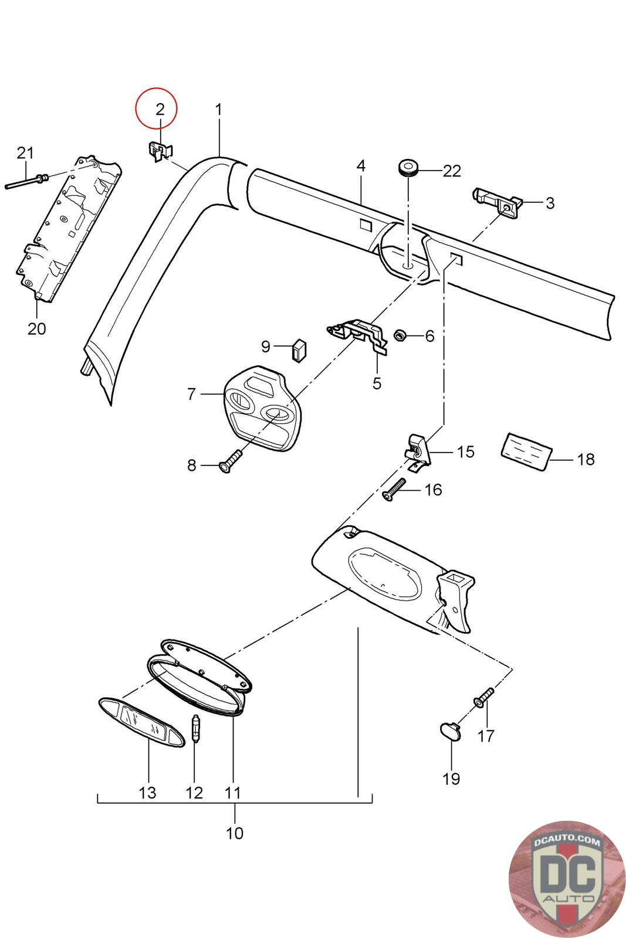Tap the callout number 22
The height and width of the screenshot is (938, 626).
click(452, 171)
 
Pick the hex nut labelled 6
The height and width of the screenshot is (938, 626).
click(401, 335)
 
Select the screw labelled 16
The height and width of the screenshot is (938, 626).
click(394, 489)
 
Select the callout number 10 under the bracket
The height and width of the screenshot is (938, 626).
click(235, 832)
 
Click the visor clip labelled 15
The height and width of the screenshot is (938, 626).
click(417, 450)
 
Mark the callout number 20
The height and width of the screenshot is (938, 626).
click(36, 328)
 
